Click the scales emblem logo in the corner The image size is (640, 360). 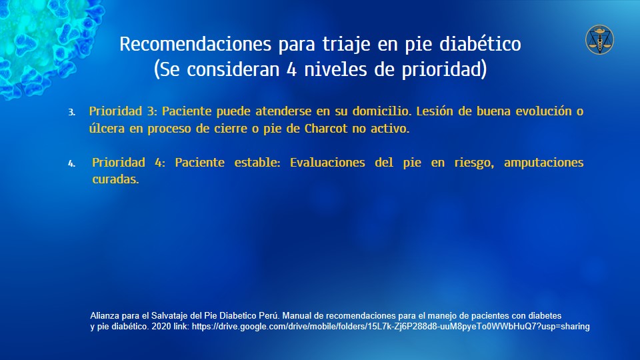click(x=599, y=39)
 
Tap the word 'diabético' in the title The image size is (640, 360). click(x=480, y=43)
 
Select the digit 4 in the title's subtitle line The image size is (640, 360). click(x=291, y=69)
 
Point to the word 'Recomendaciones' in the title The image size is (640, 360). click(x=195, y=44)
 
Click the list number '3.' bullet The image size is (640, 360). click(x=71, y=112)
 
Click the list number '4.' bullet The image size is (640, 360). click(x=71, y=164)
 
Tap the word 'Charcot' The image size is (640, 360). click(x=326, y=128)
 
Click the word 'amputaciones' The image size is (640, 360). click(x=544, y=163)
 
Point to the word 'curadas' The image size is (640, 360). click(x=115, y=179)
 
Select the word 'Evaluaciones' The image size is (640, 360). click(x=327, y=163)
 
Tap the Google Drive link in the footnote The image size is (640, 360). click(x=391, y=327)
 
